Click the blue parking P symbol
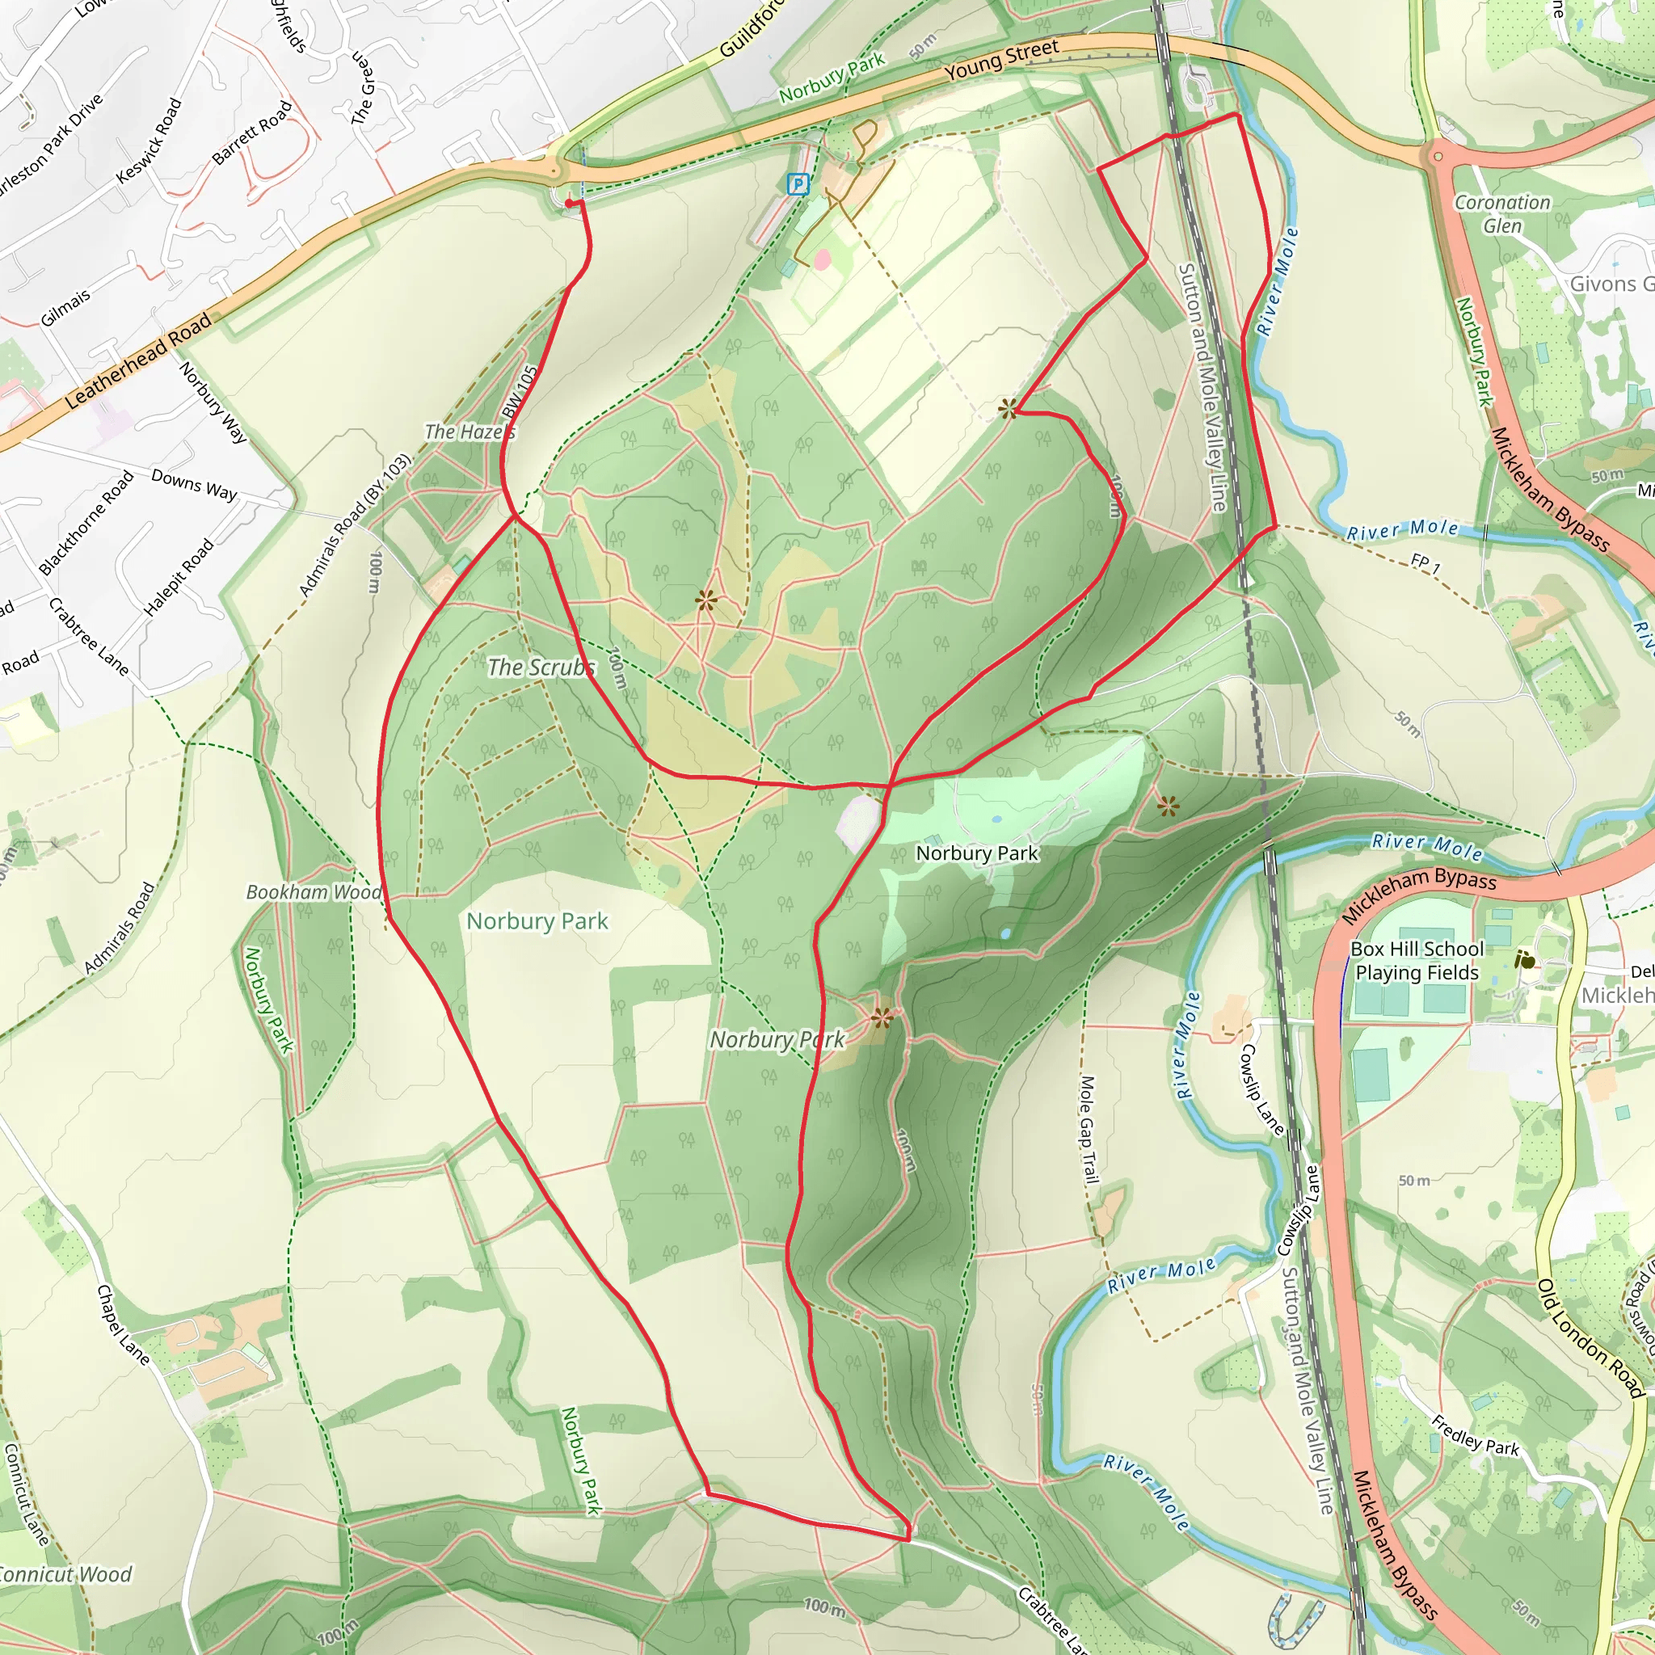(x=798, y=183)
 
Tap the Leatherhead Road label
(x=137, y=361)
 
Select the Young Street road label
(x=1002, y=60)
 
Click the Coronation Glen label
(x=1502, y=214)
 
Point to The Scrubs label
(x=541, y=667)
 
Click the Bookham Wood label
(x=314, y=892)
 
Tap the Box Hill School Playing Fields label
(x=1417, y=960)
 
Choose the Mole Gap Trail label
(x=1088, y=1129)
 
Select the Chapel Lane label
(x=124, y=1324)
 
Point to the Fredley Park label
(x=1475, y=1435)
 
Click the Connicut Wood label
(x=65, y=1574)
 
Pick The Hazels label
(x=470, y=432)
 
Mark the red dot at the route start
(x=570, y=203)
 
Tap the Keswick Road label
(x=149, y=141)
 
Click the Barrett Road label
(x=252, y=133)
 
